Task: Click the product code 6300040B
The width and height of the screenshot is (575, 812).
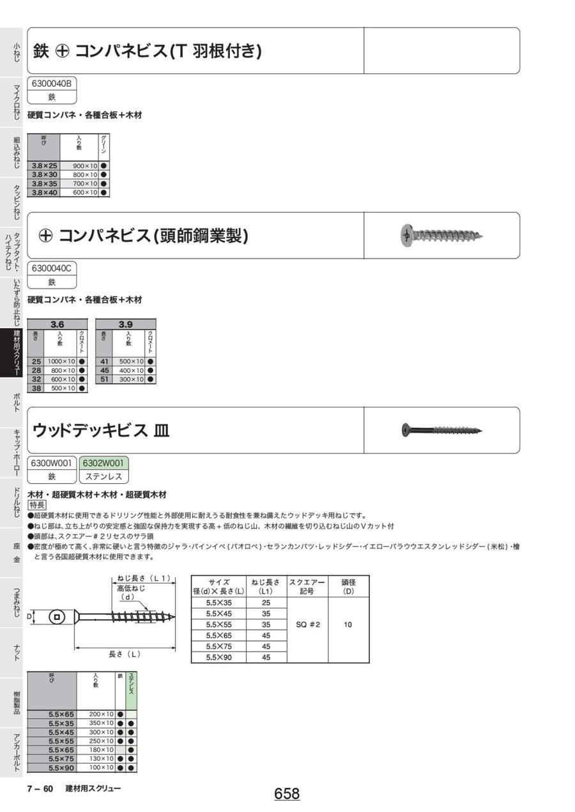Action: (52, 84)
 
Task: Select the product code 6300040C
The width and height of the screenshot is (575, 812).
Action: (52, 268)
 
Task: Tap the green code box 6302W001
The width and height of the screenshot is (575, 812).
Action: (103, 463)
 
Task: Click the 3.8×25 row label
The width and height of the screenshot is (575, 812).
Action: (44, 166)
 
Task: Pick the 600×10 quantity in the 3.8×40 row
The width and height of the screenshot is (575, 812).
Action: (85, 193)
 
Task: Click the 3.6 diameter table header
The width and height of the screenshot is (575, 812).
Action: (57, 324)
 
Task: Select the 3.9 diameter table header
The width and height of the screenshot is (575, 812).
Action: (125, 324)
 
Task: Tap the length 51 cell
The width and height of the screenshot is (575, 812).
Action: (105, 379)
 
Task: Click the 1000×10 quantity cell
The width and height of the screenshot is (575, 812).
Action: (61, 361)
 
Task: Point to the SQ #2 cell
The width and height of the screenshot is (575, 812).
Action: (308, 624)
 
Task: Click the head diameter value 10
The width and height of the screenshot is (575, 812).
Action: (348, 624)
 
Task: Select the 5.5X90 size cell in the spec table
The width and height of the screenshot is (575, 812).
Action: (218, 657)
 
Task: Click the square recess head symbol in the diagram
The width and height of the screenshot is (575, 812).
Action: (57, 617)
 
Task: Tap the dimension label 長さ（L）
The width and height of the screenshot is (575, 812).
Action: (125, 654)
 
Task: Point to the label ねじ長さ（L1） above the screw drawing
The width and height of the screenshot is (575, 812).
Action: (144, 578)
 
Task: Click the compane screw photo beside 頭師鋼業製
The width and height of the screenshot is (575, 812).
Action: (442, 236)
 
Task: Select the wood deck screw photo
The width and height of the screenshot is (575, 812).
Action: (442, 430)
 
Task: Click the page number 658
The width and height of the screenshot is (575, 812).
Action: (287, 793)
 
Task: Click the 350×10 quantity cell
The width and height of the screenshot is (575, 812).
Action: (101, 723)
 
